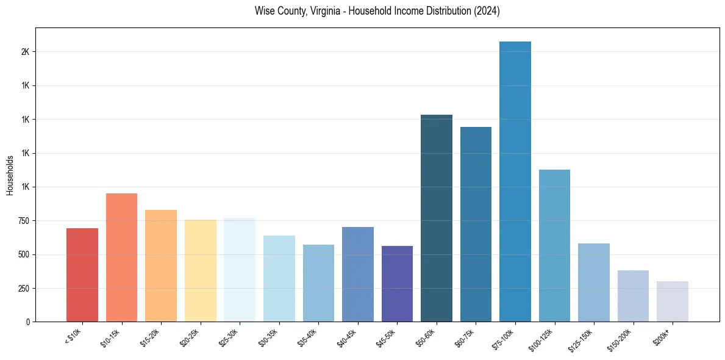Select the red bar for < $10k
(82, 275)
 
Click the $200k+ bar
(673, 301)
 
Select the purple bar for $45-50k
(397, 284)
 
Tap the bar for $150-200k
(633, 296)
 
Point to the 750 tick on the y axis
(24, 221)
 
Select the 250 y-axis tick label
(24, 288)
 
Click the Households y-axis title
(10, 175)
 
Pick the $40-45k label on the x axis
(346, 338)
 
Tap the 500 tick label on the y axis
(24, 254)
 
